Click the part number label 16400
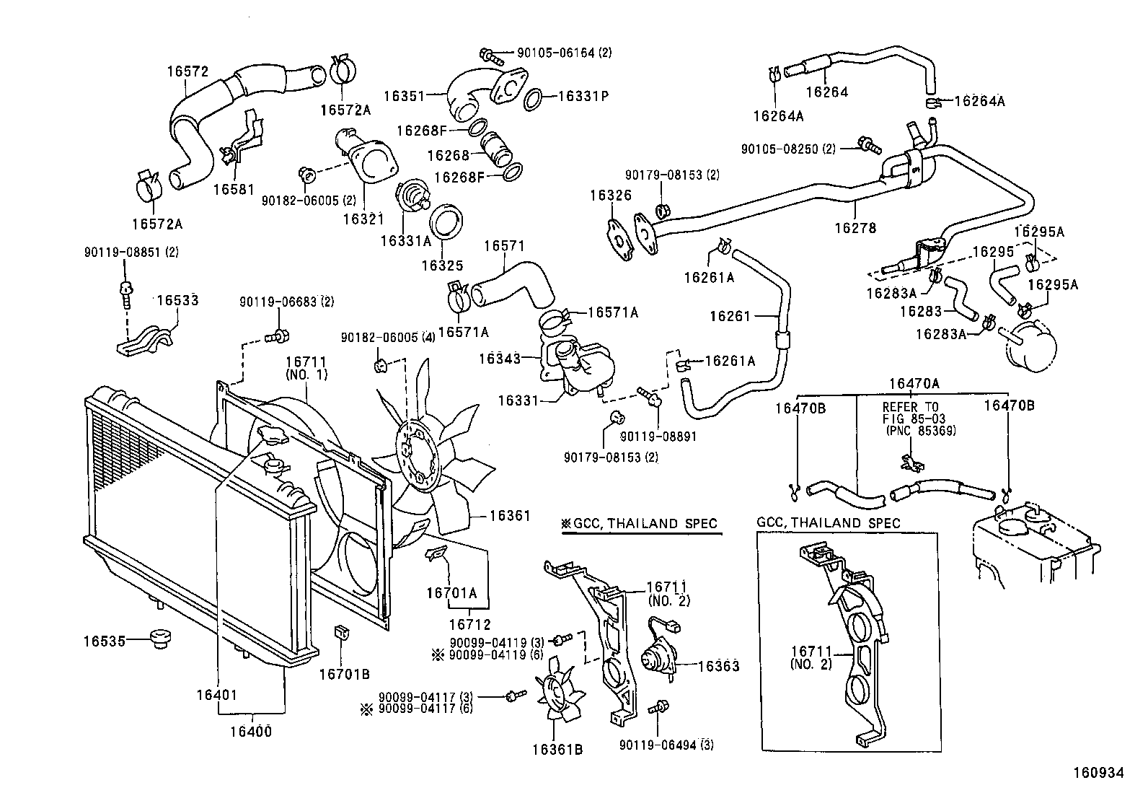tap(251, 731)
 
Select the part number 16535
tap(105, 639)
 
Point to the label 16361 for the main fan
tap(510, 515)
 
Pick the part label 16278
tap(855, 228)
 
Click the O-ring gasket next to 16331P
tap(533, 98)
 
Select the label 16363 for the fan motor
tap(718, 666)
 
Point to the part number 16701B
tap(344, 674)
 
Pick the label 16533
tap(177, 300)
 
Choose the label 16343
tap(500, 357)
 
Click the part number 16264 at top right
tap(826, 92)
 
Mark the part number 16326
tap(610, 196)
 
